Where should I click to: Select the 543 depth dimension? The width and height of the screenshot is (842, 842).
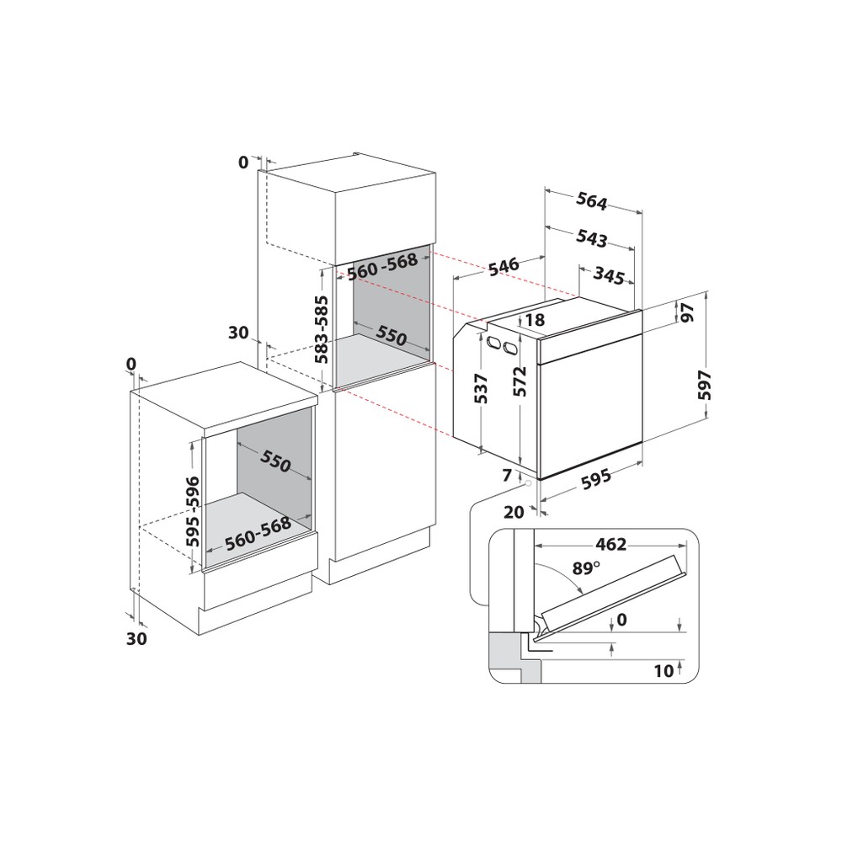click(x=592, y=238)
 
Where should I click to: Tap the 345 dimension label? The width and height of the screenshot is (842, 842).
click(x=609, y=274)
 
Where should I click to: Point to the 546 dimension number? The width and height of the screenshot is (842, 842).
click(x=502, y=267)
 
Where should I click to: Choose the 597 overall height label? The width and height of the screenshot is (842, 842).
click(x=705, y=385)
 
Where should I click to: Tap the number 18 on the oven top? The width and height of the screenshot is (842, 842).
click(x=536, y=320)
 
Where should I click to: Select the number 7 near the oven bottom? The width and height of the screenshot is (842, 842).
click(x=508, y=477)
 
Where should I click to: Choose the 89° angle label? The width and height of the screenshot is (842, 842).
click(x=586, y=568)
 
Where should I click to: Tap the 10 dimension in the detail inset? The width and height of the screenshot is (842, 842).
click(x=663, y=671)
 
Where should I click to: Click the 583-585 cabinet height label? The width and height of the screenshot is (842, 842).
click(x=322, y=331)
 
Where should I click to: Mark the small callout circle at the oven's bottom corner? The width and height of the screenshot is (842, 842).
click(x=527, y=483)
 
